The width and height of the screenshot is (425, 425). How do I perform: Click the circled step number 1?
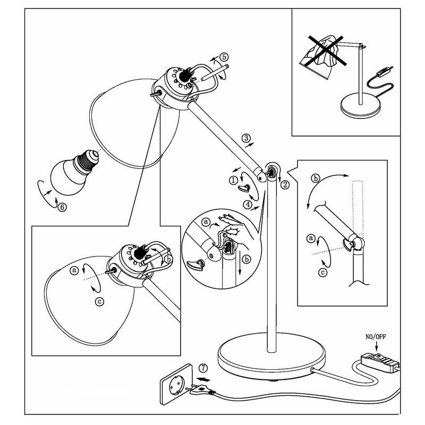[234, 180]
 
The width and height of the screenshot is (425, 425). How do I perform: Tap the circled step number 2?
[285, 185]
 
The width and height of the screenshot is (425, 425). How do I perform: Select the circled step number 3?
[246, 139]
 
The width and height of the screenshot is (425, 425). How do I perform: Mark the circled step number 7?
[203, 368]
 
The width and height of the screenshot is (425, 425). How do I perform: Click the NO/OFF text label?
[377, 336]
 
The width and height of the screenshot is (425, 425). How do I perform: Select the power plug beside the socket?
[199, 390]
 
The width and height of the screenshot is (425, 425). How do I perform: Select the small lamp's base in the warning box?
[360, 107]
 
